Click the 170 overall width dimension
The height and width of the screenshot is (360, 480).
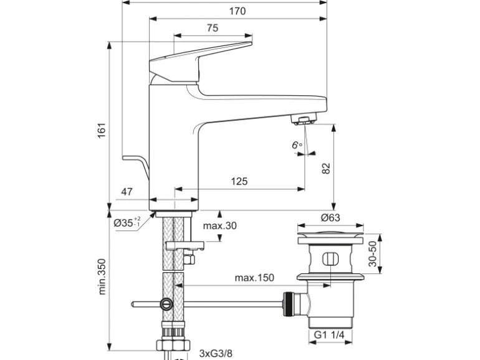pos(238,11)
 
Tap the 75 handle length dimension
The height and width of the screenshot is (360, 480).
pos(213,28)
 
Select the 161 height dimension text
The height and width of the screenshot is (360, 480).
pos(102,130)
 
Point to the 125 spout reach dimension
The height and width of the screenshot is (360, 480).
pos(239,181)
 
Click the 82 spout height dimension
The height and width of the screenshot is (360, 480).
pos(326,169)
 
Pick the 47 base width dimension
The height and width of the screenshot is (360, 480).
pos(127,192)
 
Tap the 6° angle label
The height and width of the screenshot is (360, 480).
pos(296,144)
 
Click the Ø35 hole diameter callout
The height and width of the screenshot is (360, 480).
pos(127,222)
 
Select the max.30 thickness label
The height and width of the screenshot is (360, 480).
pos(220,225)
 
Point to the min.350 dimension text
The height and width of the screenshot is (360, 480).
pos(102,277)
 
